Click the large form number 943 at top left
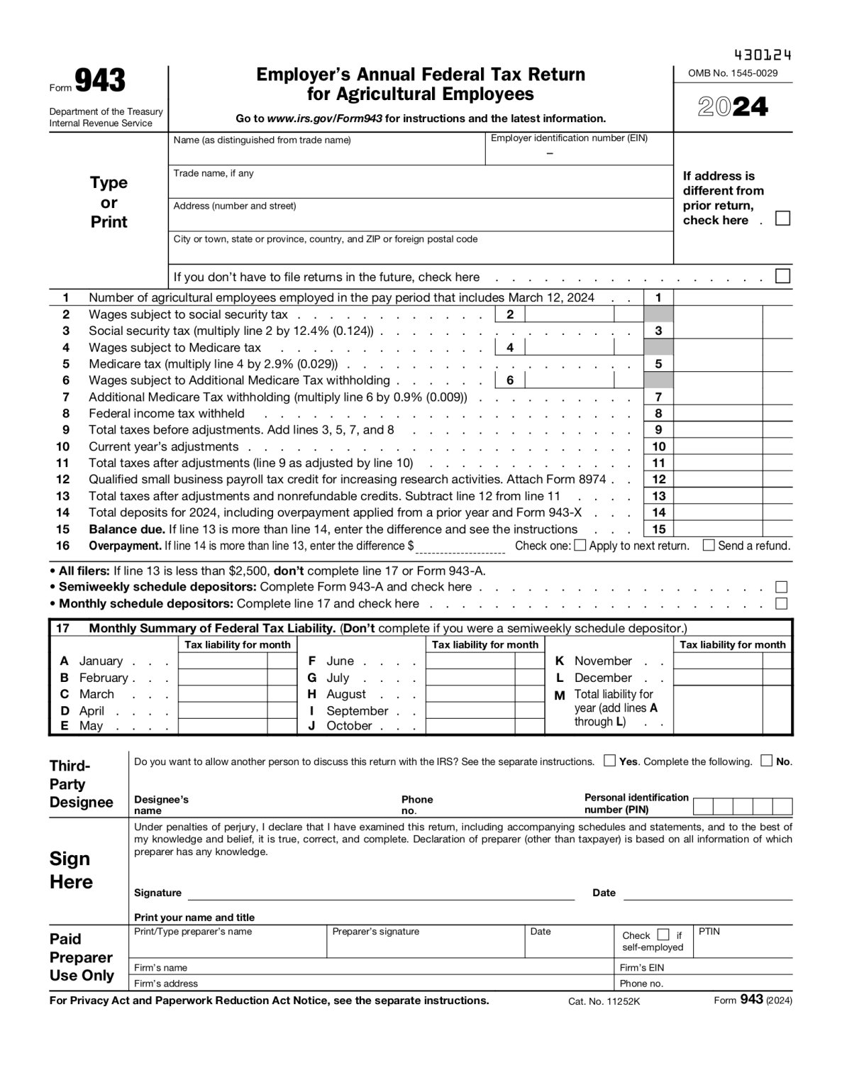100,82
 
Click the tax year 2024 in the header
733,107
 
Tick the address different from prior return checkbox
782,219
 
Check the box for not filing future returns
782,276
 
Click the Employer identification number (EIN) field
578,153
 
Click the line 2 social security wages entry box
569,314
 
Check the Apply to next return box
580,546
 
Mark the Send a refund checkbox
709,546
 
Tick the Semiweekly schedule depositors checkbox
782,587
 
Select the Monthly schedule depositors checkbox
782,604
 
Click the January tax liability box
223,661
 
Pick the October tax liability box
470,726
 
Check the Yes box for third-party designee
609,761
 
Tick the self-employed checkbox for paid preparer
663,935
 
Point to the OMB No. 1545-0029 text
733,73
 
